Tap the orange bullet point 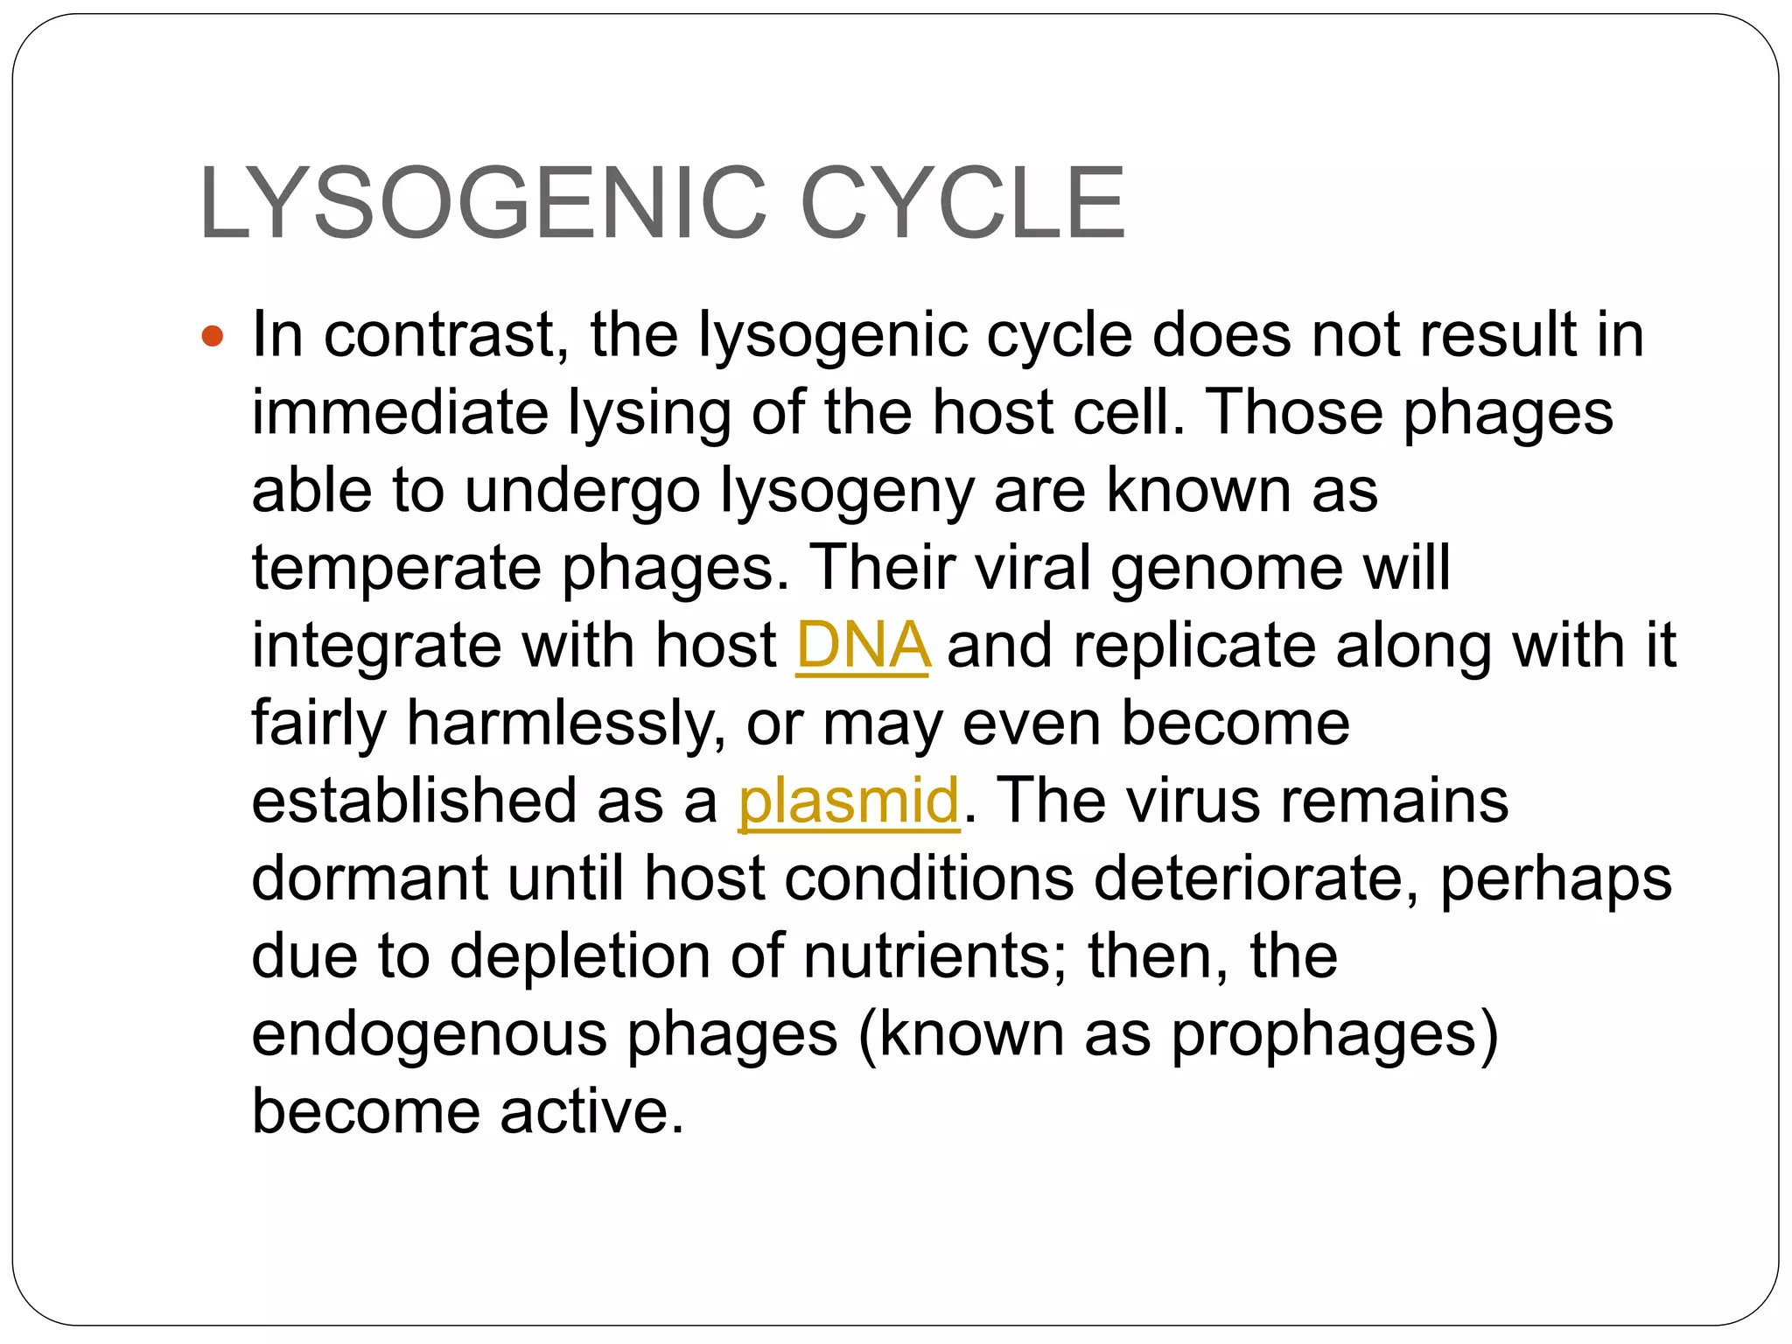click(x=213, y=335)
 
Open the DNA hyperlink click(x=862, y=646)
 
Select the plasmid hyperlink click(x=848, y=801)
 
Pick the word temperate click(x=396, y=569)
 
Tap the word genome click(x=1226, y=569)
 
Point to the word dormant click(x=368, y=878)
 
